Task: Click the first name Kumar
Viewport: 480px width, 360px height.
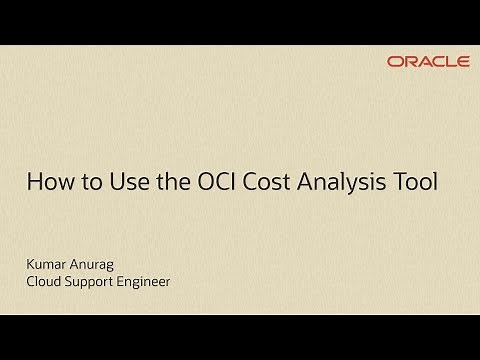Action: click(x=46, y=264)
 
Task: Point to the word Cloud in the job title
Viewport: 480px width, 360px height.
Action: click(x=43, y=282)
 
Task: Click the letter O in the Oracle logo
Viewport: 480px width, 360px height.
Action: click(x=395, y=62)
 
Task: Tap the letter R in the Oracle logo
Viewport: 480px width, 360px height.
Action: click(x=409, y=62)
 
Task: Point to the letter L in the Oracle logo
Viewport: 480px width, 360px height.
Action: click(x=450, y=62)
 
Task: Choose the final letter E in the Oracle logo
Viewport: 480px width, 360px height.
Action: click(x=462, y=62)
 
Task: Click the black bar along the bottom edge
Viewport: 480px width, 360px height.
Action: click(x=240, y=338)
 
